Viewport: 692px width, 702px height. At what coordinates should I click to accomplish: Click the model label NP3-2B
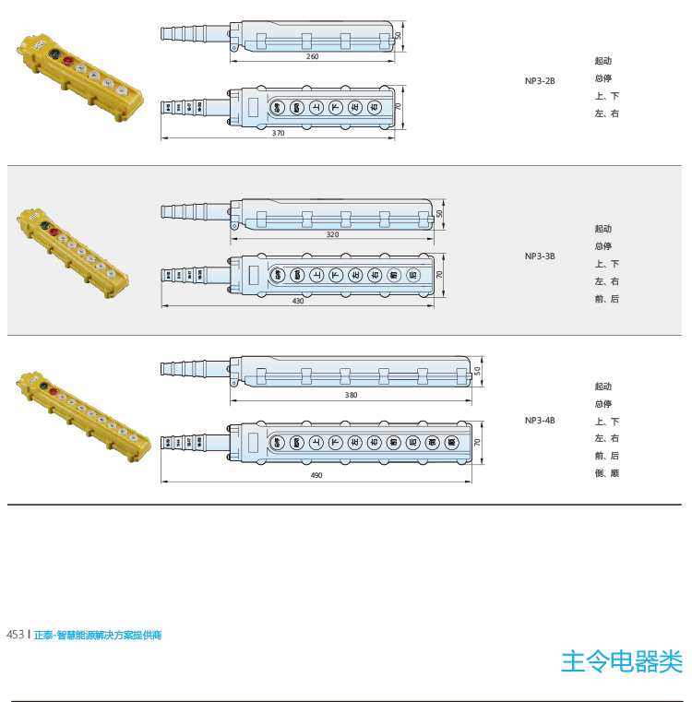click(540, 81)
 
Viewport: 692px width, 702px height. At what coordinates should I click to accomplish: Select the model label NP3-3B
click(540, 256)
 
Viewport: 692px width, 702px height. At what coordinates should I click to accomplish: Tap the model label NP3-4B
click(540, 421)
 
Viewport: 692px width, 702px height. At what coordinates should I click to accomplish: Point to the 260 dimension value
click(312, 56)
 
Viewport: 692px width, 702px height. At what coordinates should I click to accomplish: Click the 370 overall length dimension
click(279, 133)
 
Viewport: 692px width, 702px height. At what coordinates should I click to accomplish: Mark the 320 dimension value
click(332, 234)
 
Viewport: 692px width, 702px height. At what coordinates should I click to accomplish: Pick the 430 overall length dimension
click(297, 301)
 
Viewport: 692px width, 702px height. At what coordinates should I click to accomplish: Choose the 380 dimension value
click(351, 395)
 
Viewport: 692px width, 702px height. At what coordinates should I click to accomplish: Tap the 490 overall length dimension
click(316, 475)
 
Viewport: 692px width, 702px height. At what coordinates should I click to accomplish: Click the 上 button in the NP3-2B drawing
click(316, 107)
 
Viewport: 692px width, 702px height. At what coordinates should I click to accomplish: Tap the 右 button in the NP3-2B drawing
click(374, 107)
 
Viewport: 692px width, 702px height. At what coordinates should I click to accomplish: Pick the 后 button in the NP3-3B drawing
click(412, 274)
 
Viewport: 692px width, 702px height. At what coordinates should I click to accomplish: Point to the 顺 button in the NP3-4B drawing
click(451, 443)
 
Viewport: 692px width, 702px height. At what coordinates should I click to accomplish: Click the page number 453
click(15, 635)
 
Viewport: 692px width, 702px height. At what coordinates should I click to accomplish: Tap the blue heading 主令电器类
click(622, 660)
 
